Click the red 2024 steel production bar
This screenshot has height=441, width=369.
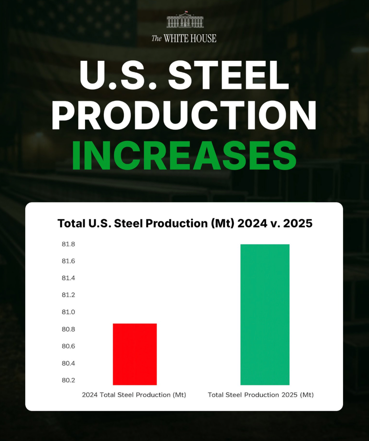(x=135, y=354)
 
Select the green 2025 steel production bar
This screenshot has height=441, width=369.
(x=265, y=314)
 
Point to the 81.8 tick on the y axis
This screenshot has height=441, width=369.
(x=68, y=244)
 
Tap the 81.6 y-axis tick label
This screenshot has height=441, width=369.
(x=68, y=261)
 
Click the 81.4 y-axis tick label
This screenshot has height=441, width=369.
(x=68, y=278)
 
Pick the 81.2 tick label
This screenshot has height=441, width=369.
(x=68, y=295)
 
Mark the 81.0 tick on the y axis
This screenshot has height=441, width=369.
(x=68, y=312)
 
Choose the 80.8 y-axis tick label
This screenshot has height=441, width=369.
(x=68, y=329)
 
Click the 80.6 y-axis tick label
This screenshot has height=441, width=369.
(x=68, y=346)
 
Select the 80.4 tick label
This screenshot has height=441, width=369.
(x=68, y=363)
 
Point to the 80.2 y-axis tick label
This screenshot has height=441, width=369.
(x=68, y=380)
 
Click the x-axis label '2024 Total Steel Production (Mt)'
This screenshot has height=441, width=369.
(x=134, y=395)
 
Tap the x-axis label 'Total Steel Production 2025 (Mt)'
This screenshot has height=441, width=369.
(x=261, y=395)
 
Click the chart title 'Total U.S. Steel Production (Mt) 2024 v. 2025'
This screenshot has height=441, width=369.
(x=185, y=223)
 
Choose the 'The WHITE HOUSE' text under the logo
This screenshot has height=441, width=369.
(x=184, y=38)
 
